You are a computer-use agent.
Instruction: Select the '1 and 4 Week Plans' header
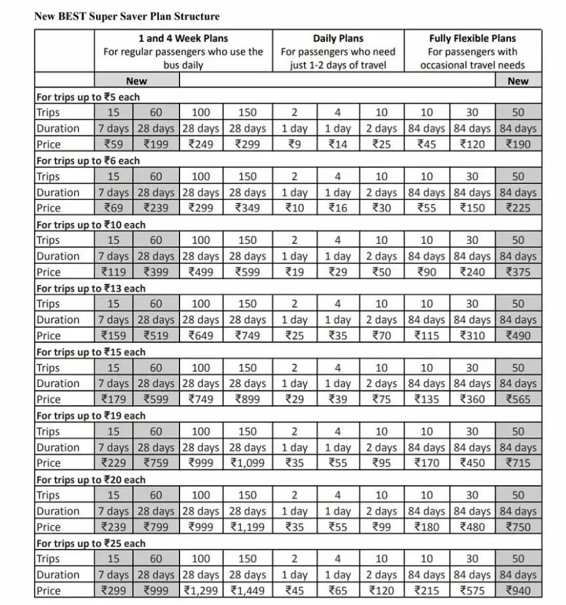tap(183, 39)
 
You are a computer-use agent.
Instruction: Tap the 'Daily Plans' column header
tap(339, 39)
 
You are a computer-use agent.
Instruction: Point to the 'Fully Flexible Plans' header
tap(472, 39)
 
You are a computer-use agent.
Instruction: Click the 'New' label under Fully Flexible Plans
tap(518, 81)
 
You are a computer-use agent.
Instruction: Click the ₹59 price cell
tap(113, 144)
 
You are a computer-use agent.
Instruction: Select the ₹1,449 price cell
tap(248, 591)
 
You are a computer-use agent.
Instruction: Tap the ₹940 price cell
tap(518, 591)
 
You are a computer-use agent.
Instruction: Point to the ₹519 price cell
tap(156, 335)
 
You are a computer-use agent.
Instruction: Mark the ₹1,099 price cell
tap(248, 463)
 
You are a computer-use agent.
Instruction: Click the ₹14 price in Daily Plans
tap(338, 144)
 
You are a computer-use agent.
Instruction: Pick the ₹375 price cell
tap(518, 272)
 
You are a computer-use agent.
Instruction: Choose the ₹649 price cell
tap(201, 335)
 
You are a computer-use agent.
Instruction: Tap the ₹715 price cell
tap(518, 463)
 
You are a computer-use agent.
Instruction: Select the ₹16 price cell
tap(338, 208)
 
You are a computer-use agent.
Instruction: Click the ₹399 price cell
tap(156, 272)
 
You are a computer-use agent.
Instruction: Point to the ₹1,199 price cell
tap(248, 527)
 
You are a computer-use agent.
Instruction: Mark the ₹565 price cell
tap(518, 400)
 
